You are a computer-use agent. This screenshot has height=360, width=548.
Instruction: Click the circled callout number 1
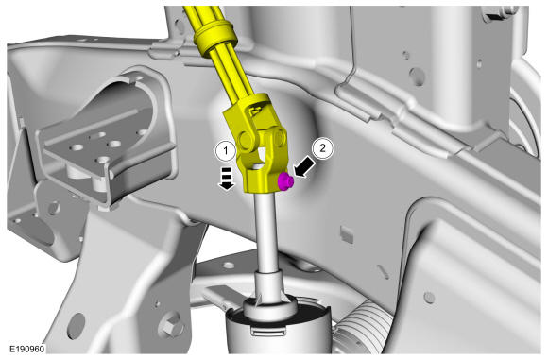226,151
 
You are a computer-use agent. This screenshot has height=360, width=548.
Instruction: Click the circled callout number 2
322,148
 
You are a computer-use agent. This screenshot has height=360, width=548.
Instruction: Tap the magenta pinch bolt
285,182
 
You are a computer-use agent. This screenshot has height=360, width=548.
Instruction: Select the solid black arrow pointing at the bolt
304,166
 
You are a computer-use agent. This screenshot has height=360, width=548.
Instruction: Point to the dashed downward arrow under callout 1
227,179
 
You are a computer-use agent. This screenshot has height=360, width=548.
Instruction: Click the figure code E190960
26,349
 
